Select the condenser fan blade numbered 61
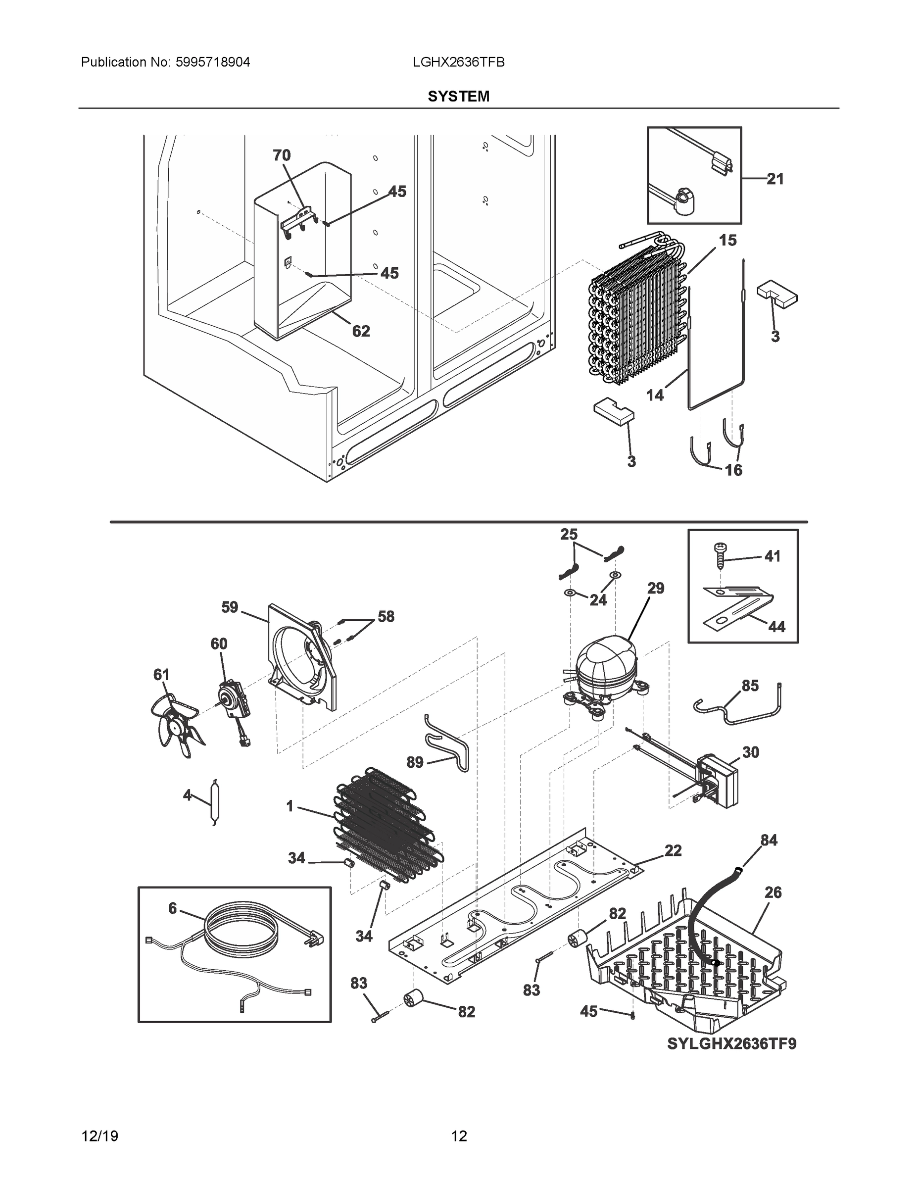click(x=177, y=724)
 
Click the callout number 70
click(x=281, y=155)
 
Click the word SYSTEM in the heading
click(x=458, y=97)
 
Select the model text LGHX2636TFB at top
click(x=458, y=62)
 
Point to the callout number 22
click(x=673, y=850)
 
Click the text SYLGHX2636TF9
click(x=731, y=1044)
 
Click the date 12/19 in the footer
click(x=99, y=1136)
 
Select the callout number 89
click(x=415, y=762)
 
